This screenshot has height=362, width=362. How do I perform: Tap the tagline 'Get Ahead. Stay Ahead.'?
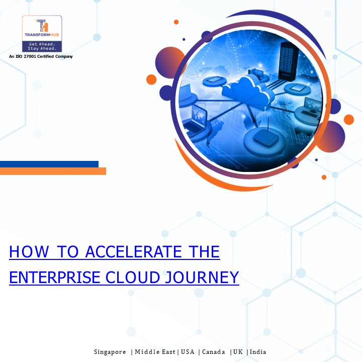42,46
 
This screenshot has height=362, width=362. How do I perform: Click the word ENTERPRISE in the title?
49,277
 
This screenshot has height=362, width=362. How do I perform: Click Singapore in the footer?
110,352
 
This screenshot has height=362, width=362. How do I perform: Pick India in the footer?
258,352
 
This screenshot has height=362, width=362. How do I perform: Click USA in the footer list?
187,352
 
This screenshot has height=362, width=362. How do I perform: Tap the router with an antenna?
263,136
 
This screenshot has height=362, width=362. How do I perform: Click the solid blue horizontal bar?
49,164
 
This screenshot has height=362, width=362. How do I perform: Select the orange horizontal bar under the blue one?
53,171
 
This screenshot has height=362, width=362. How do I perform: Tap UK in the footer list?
238,352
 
